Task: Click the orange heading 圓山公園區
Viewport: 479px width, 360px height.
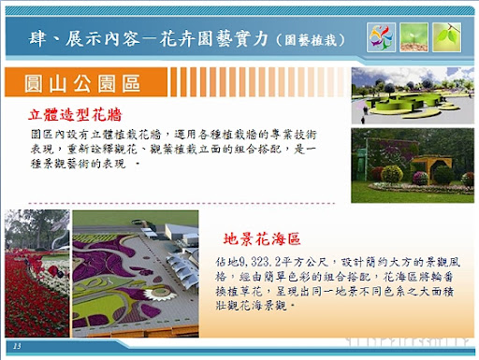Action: point(83,84)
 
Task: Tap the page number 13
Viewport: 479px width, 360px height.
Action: point(17,347)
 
